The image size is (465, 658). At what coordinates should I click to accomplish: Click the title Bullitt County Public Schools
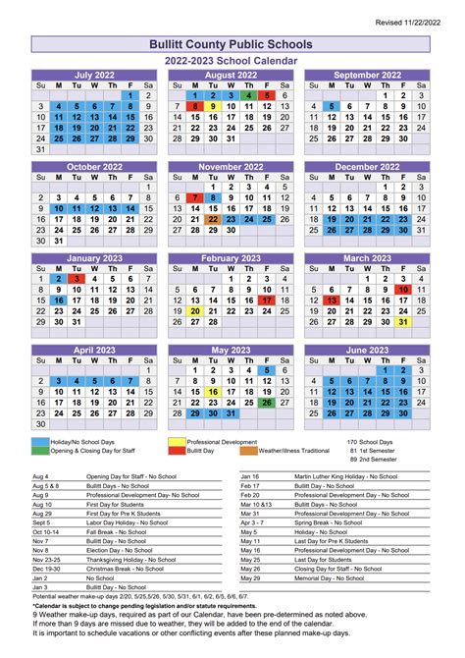click(232, 45)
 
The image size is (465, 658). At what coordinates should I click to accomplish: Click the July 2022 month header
click(95, 75)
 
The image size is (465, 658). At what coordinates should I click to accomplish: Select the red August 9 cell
click(195, 106)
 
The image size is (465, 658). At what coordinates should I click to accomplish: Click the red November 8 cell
click(213, 197)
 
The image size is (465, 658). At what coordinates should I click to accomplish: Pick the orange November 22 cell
click(213, 219)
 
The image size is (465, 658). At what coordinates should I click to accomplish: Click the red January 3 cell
click(77, 279)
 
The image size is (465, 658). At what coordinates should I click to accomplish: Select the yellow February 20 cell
click(195, 311)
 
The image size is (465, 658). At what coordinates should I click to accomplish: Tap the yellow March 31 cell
click(402, 322)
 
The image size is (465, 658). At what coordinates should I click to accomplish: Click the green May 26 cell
click(267, 403)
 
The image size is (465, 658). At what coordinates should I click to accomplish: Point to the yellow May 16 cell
click(213, 392)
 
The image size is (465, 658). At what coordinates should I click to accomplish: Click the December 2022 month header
click(367, 166)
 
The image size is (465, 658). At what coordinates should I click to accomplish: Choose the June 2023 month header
click(367, 349)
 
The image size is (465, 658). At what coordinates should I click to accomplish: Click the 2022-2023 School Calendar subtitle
click(232, 60)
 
